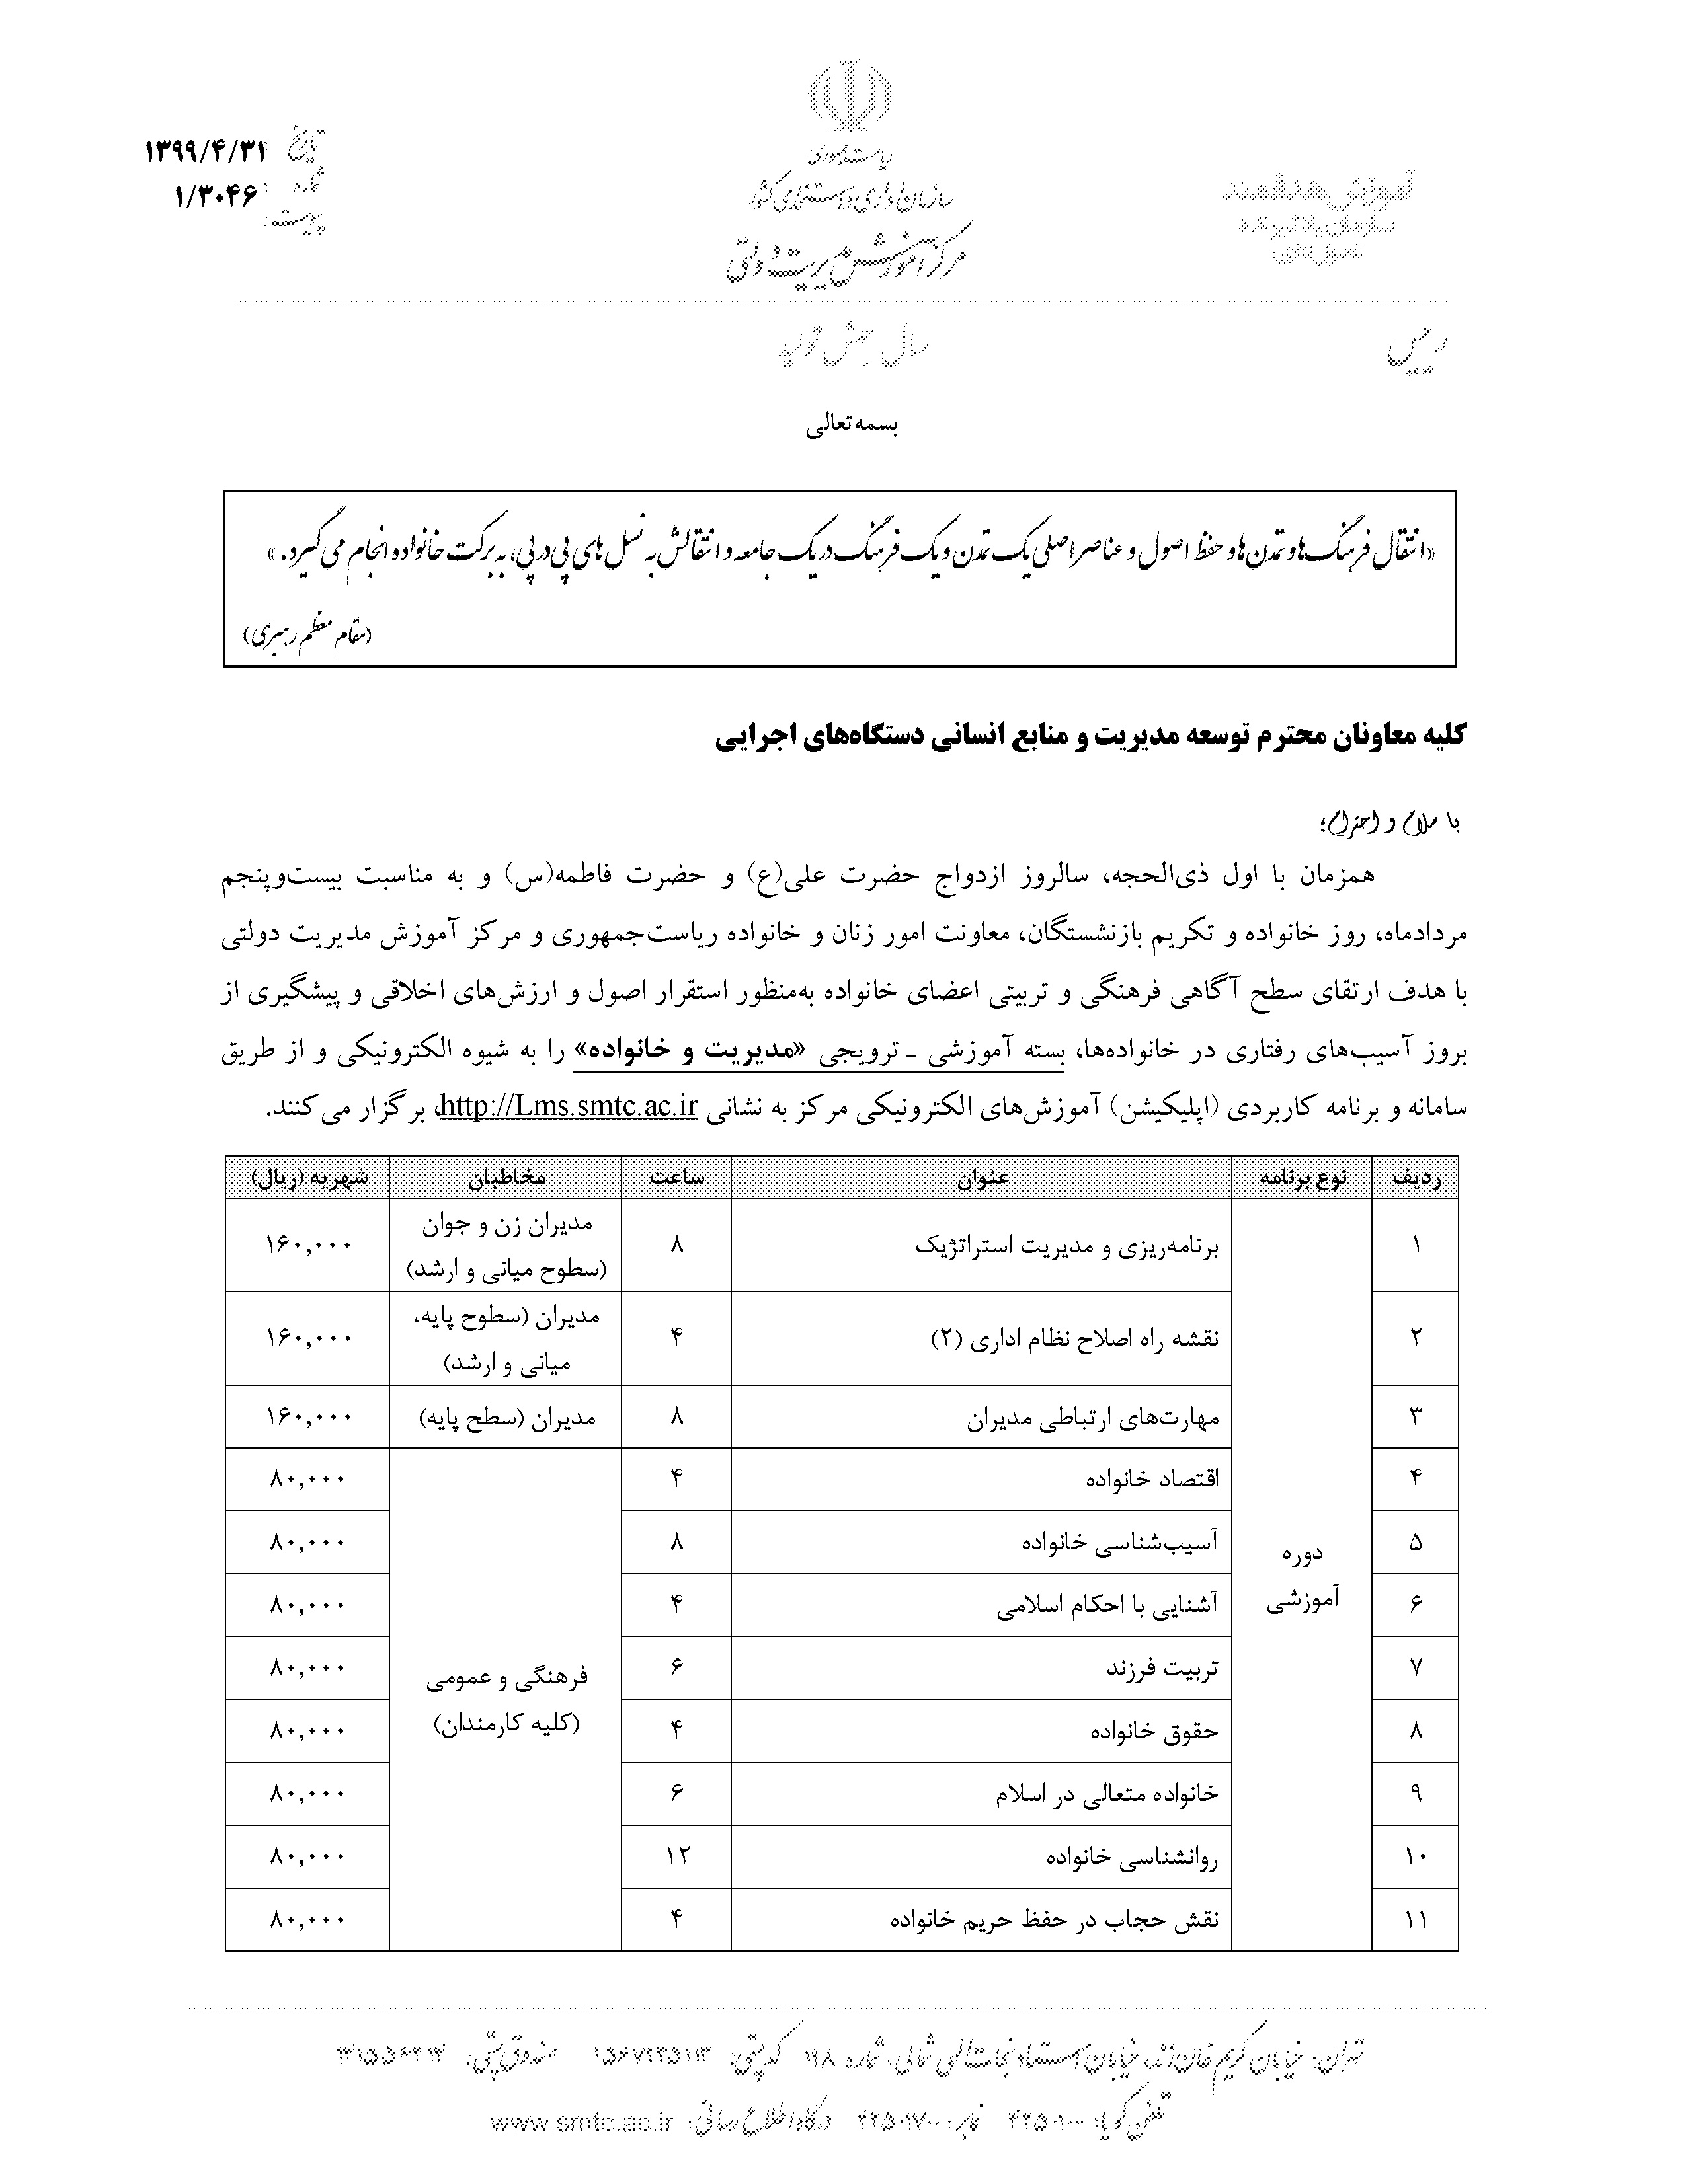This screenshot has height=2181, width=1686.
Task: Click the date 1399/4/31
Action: click(x=207, y=152)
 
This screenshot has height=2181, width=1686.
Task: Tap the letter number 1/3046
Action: click(x=216, y=195)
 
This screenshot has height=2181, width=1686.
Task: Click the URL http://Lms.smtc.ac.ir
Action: click(x=567, y=1106)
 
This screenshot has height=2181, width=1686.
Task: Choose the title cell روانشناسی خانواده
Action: click(x=1132, y=1857)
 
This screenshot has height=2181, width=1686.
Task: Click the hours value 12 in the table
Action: click(x=676, y=1855)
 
